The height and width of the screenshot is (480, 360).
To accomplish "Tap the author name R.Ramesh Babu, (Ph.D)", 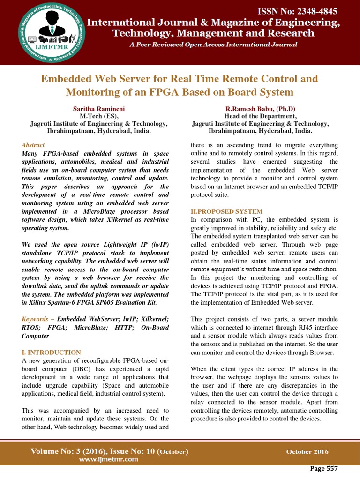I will pyautogui.click(x=260, y=109).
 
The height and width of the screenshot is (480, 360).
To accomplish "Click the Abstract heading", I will pyautogui.click(x=33, y=145).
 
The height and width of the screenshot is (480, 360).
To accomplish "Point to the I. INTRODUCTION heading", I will pyautogui.click(x=52, y=352).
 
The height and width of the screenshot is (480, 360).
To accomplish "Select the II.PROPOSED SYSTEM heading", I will pyautogui.click(x=227, y=211).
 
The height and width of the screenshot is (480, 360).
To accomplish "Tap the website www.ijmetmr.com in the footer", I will pyautogui.click(x=109, y=459).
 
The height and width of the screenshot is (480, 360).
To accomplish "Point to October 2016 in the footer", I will pyautogui.click(x=307, y=452).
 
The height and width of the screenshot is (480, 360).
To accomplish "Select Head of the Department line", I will pyautogui.click(x=260, y=116).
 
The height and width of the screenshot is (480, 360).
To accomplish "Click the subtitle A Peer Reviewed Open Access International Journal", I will pyautogui.click(x=213, y=45).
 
